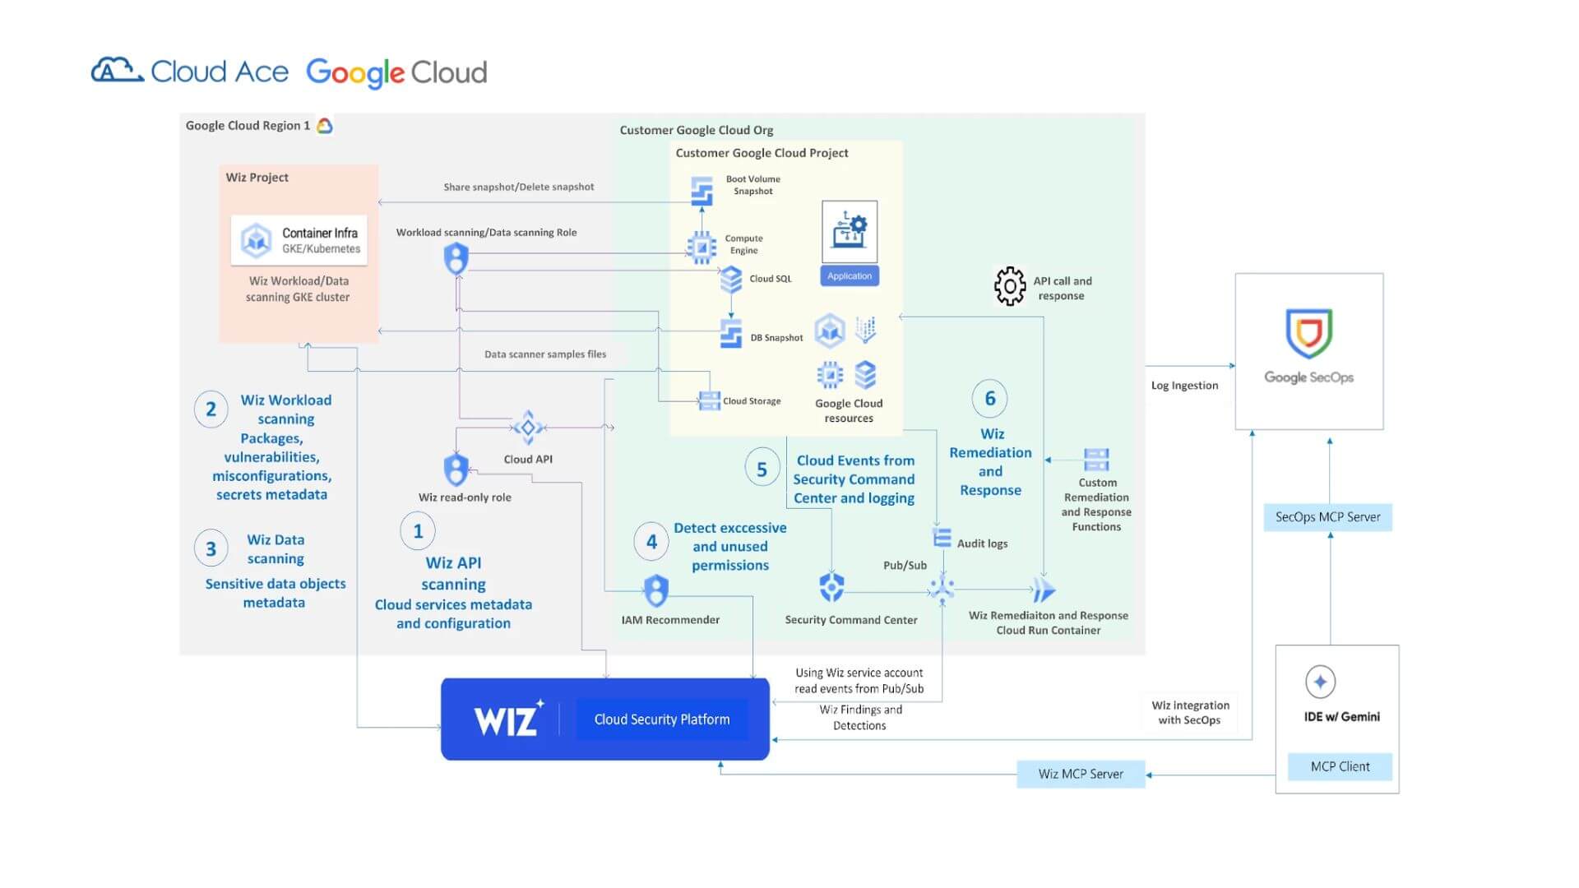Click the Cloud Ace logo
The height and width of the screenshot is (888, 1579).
pyautogui.click(x=190, y=72)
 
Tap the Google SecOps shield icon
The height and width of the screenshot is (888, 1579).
pyautogui.click(x=1308, y=333)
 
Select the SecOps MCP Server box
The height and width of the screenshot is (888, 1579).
pyautogui.click(x=1327, y=517)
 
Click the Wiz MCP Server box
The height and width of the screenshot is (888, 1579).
pyautogui.click(x=1080, y=774)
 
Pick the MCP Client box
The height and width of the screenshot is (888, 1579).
pyautogui.click(x=1340, y=766)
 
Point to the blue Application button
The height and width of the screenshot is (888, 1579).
pyautogui.click(x=849, y=276)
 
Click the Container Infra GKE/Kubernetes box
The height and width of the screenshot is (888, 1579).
pyautogui.click(x=299, y=240)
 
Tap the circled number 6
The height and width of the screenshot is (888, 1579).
pyautogui.click(x=989, y=399)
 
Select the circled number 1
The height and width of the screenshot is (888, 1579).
pyautogui.click(x=418, y=531)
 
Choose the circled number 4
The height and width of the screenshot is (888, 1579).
pyautogui.click(x=651, y=542)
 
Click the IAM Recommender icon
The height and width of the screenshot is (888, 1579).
pyautogui.click(x=655, y=590)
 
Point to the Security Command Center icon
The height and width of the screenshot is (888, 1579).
pyautogui.click(x=831, y=588)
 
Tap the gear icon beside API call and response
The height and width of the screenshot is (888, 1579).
pyautogui.click(x=1010, y=286)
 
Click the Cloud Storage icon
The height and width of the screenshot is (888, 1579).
pyautogui.click(x=709, y=400)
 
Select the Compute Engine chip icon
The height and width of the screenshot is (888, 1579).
pyautogui.click(x=702, y=246)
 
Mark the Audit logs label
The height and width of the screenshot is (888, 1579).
pyautogui.click(x=982, y=543)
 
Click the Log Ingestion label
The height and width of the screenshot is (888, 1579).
pyautogui.click(x=1184, y=386)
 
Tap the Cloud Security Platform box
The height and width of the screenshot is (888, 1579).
pyautogui.click(x=662, y=719)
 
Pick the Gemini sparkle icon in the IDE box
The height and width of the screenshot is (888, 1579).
pyautogui.click(x=1320, y=682)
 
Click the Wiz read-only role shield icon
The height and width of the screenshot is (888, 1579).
pyautogui.click(x=456, y=469)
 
